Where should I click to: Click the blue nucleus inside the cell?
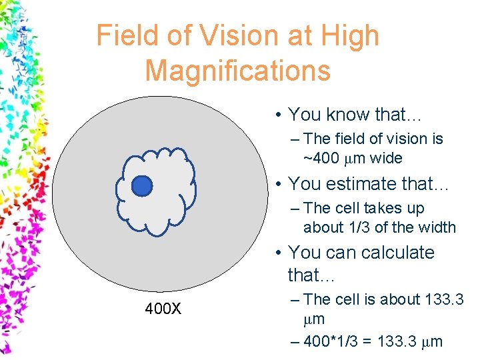coord(141,186)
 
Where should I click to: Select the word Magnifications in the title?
coord(237,70)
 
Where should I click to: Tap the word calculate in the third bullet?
coord(398,253)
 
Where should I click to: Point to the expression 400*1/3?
coord(336,342)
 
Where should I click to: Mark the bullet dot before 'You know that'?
coord(278,115)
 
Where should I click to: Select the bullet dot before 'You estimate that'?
coord(278,183)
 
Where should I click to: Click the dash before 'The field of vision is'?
coord(295,139)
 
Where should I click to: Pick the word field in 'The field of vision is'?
coord(349,139)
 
